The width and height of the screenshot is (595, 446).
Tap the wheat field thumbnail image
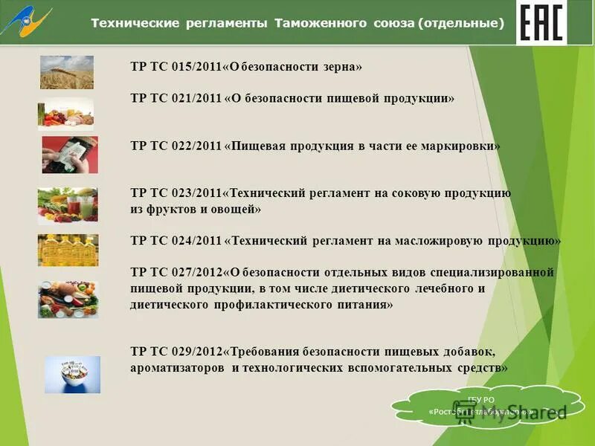point(67,72)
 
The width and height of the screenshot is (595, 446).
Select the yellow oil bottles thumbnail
point(68,250)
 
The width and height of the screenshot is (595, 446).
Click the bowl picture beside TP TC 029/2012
point(72,375)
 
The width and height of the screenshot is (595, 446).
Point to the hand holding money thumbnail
point(69,155)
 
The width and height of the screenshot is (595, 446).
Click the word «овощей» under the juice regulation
point(235,210)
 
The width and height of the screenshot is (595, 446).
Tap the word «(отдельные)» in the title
point(460,24)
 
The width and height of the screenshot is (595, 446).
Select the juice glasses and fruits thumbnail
point(68,206)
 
